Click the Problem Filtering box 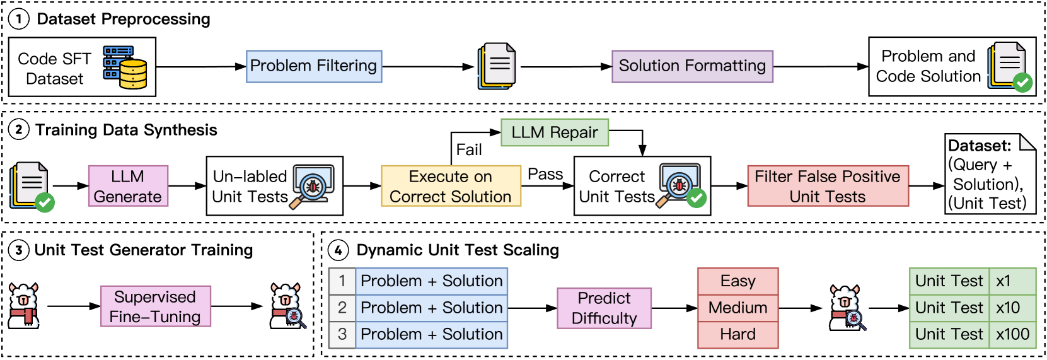click(314, 66)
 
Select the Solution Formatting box click(692, 66)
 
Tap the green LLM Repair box click(555, 132)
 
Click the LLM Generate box click(128, 186)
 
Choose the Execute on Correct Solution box click(451, 186)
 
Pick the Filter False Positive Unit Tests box click(828, 186)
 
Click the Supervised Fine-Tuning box click(156, 306)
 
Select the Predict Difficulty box click(604, 308)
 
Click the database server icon click(125, 67)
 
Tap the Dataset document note click(990, 175)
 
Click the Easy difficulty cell click(738, 281)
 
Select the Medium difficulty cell click(738, 308)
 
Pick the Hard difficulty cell click(738, 334)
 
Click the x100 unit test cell click(1012, 334)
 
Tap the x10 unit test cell click(1012, 308)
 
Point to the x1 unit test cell click(1012, 281)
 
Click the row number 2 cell click(342, 308)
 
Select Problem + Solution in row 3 click(432, 334)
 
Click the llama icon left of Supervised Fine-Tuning click(24, 306)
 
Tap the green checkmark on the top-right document click(1022, 83)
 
